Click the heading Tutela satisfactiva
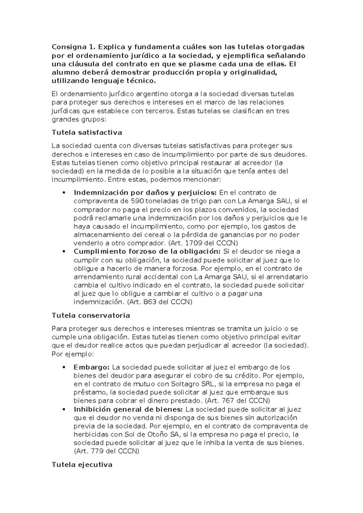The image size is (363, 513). coord(87,132)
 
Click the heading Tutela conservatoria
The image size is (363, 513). coord(91,315)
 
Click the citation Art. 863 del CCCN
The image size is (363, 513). coord(159,302)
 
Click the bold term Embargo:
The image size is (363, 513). coord(91,368)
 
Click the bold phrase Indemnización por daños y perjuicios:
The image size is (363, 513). coord(145,193)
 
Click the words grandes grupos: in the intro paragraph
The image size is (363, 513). coord(79,119)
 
